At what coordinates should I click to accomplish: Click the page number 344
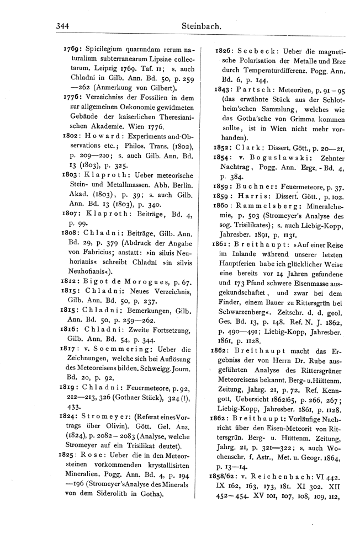coord(66,25)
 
